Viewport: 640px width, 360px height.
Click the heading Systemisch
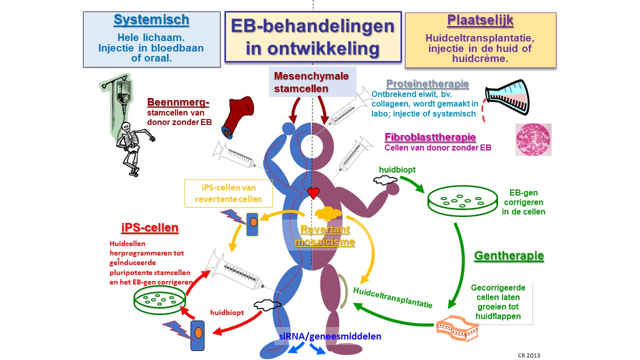click(151, 20)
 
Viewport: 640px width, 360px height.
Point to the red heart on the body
click(313, 192)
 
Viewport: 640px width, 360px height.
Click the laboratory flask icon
click(506, 97)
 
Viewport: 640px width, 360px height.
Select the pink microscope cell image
click(533, 139)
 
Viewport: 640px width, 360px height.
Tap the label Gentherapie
click(508, 256)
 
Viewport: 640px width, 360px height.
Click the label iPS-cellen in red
click(149, 228)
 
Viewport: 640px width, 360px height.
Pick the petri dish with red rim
click(159, 300)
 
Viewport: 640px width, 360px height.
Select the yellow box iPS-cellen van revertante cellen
click(228, 193)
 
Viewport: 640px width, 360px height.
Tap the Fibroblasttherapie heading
click(430, 137)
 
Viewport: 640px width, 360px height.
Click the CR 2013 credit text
click(528, 355)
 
